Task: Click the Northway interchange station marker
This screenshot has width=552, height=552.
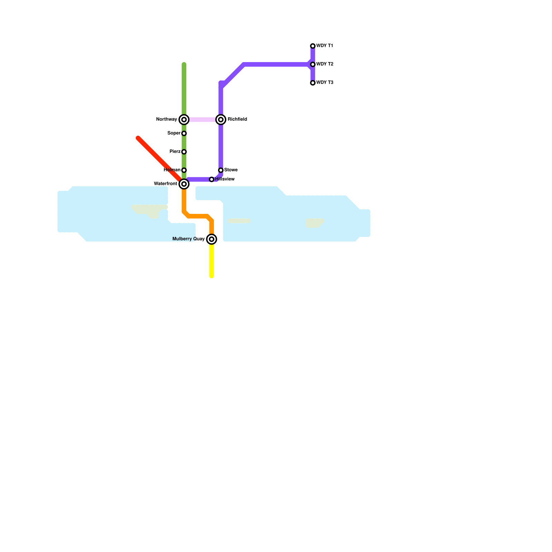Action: tap(184, 120)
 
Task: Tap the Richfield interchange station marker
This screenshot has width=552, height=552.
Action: tap(221, 120)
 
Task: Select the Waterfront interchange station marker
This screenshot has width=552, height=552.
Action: tap(184, 184)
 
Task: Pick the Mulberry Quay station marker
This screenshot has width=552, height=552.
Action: tap(211, 239)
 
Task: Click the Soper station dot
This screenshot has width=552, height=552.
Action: tap(184, 134)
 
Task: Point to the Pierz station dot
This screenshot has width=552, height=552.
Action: tap(184, 152)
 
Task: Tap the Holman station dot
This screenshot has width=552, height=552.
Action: tap(184, 170)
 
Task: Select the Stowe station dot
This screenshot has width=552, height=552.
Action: tap(221, 170)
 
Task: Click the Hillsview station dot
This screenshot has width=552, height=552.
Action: tap(211, 179)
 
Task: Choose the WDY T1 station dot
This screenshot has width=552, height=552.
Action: tap(313, 46)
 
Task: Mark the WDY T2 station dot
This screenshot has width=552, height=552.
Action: tap(313, 65)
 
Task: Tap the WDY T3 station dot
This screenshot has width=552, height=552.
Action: tap(313, 83)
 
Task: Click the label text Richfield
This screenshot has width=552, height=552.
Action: tap(237, 119)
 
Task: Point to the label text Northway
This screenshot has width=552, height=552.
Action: tap(166, 119)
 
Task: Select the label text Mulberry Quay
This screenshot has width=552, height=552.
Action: tap(188, 239)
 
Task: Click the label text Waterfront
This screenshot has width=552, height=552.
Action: tap(165, 184)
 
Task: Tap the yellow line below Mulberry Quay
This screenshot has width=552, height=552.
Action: tap(211, 262)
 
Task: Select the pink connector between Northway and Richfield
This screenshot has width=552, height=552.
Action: tap(202, 120)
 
